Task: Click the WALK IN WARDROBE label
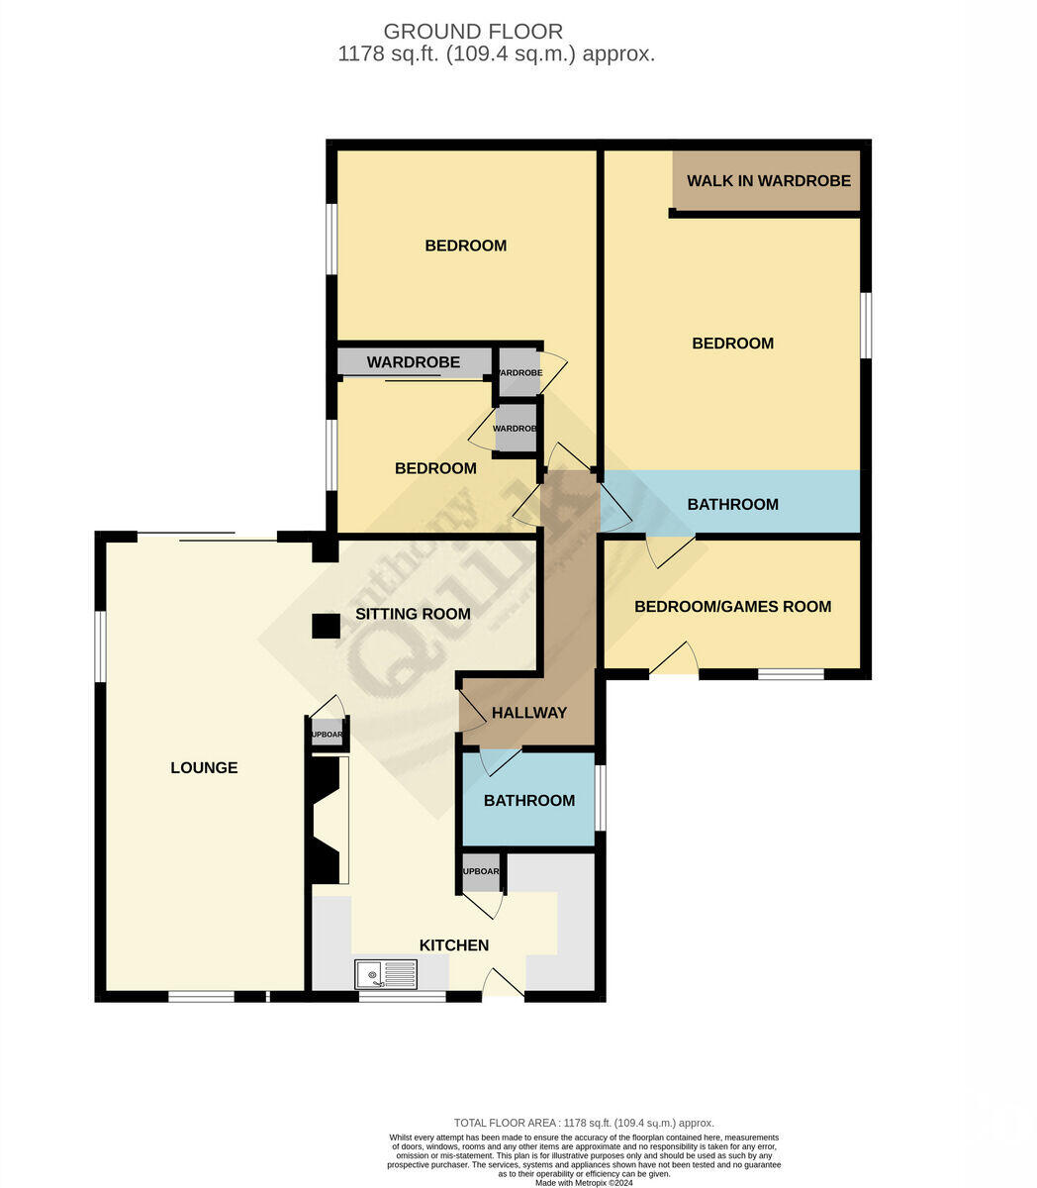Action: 769,180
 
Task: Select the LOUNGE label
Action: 204,767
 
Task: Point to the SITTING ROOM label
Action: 413,614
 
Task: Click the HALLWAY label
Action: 529,713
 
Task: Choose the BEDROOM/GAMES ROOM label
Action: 732,606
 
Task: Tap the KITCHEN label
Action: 454,945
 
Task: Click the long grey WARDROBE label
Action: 414,362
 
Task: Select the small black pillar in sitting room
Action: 324,626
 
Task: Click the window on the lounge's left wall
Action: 100,645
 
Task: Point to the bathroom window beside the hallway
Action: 600,798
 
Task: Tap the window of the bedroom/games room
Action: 791,674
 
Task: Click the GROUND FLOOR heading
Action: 473,32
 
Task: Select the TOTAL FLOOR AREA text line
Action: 584,1123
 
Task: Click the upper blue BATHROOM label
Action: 732,504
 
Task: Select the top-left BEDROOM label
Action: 465,246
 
